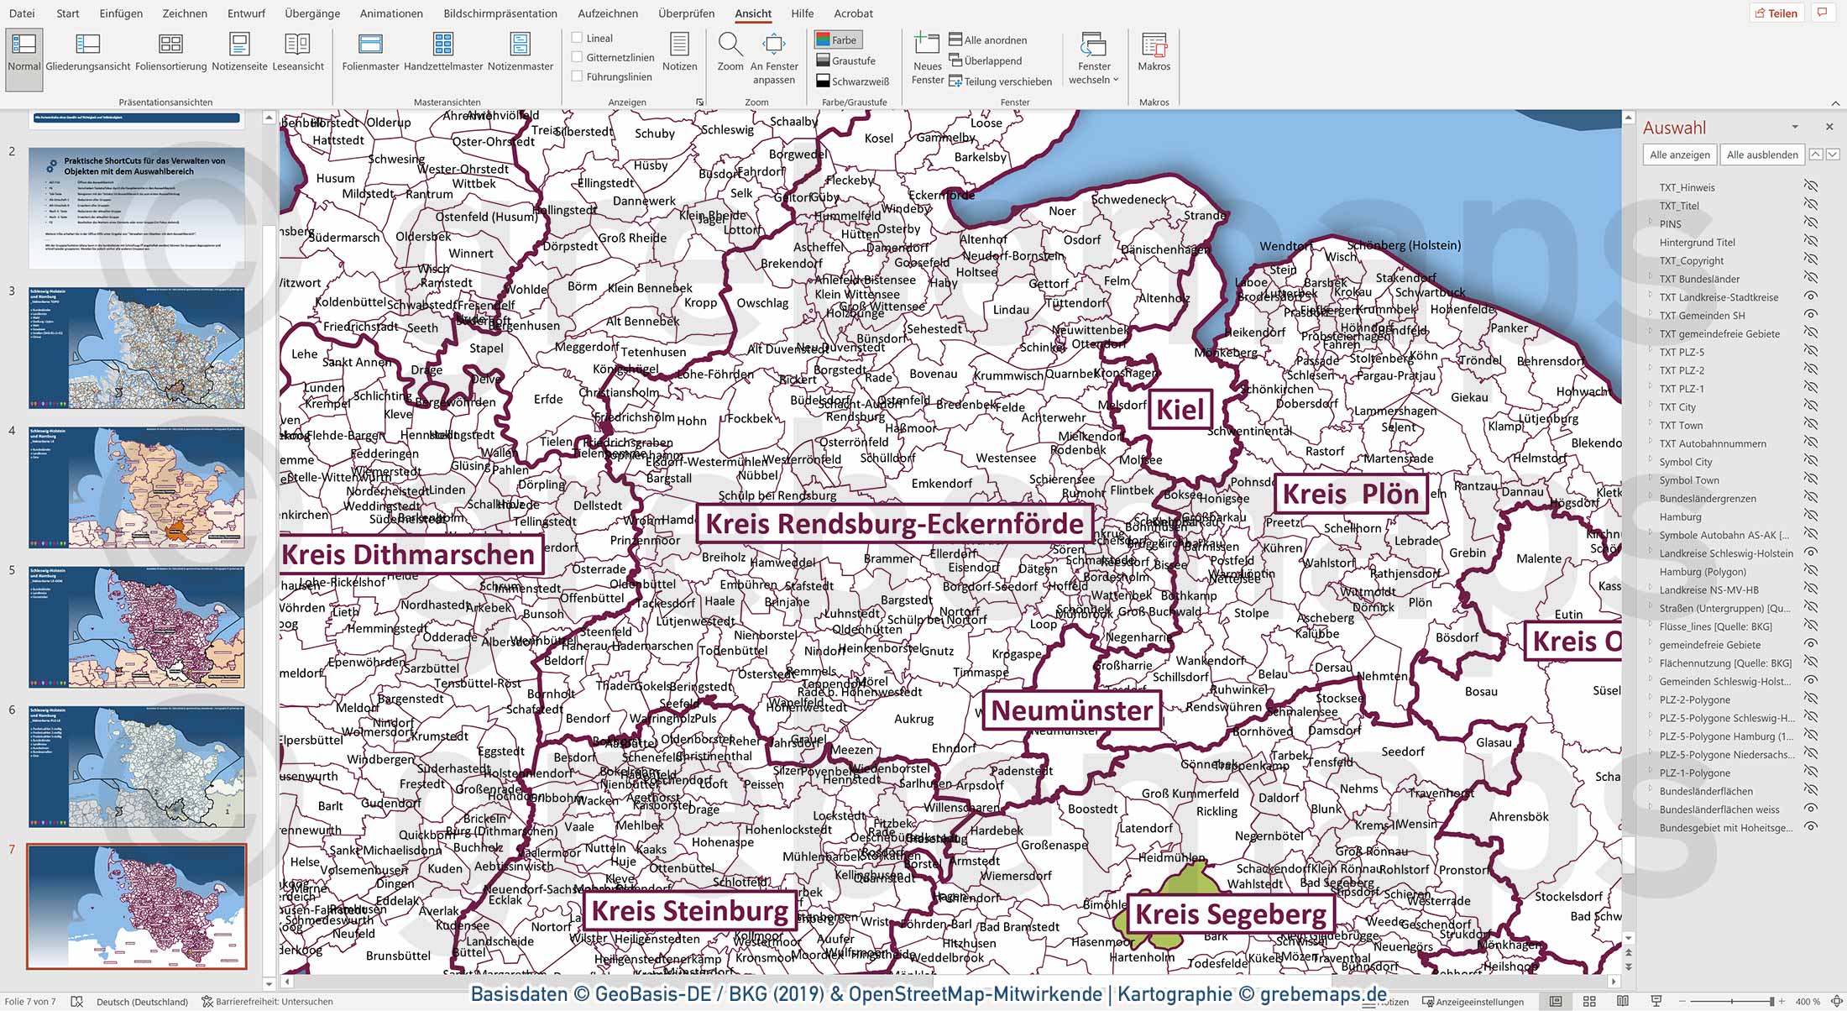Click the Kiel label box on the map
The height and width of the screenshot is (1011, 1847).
(1180, 410)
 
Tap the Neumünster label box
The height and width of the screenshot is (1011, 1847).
(1071, 710)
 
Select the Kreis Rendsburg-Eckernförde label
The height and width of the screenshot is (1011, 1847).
(894, 524)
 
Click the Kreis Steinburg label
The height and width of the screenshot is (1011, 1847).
(689, 911)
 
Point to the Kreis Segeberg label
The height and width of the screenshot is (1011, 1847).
(1230, 914)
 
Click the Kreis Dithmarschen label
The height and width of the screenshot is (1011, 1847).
(409, 555)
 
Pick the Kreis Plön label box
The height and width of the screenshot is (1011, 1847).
(1350, 495)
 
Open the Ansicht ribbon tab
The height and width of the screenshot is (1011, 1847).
(752, 13)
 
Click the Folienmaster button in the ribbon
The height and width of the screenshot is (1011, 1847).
(370, 52)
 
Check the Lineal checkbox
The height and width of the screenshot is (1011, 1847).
(577, 38)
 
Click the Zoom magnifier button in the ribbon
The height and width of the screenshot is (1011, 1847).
(730, 52)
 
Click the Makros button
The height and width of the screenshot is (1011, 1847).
(1154, 52)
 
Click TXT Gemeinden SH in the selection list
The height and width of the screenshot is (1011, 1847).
(1702, 316)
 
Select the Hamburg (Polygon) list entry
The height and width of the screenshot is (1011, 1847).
(1703, 572)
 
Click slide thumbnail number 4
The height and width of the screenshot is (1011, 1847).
(137, 487)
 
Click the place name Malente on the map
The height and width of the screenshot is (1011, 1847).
(1539, 558)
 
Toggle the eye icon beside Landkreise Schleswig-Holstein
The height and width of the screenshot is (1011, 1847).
(1811, 553)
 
